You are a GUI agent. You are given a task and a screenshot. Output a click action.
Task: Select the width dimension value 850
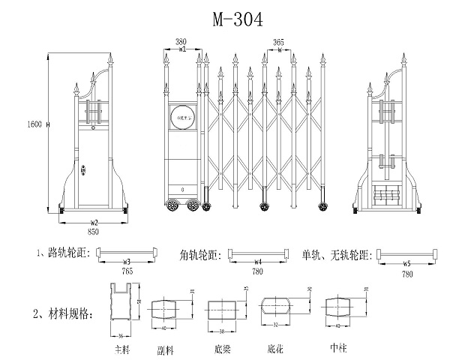point(94,232)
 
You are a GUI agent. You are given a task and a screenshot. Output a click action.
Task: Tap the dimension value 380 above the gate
point(181,42)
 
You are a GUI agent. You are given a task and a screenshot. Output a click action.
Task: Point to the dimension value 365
point(277,43)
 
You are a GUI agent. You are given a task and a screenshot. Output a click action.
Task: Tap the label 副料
point(166,349)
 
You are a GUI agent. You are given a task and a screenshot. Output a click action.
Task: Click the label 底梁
point(223,349)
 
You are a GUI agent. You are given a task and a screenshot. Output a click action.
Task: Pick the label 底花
point(276,349)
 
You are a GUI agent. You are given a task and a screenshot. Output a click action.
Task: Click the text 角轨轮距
point(201,254)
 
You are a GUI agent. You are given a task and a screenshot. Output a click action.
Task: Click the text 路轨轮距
point(68,253)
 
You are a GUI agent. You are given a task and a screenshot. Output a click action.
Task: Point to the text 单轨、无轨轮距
point(337,253)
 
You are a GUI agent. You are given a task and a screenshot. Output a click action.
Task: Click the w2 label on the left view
point(94,223)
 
